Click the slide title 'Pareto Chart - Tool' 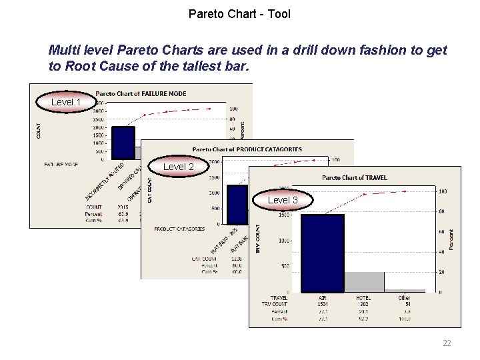tap(239, 13)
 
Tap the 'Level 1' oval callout tap(66, 102)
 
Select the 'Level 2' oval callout tap(179, 167)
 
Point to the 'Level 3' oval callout tap(283, 200)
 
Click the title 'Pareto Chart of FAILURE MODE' tap(141, 93)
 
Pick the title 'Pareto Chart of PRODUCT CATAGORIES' tap(247, 149)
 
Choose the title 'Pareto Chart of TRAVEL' tap(354, 177)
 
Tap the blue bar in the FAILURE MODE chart tap(123, 143)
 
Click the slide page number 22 tap(447, 343)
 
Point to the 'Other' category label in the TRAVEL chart tap(404, 297)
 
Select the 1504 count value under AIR tap(322, 304)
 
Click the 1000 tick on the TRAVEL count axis tap(282, 241)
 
